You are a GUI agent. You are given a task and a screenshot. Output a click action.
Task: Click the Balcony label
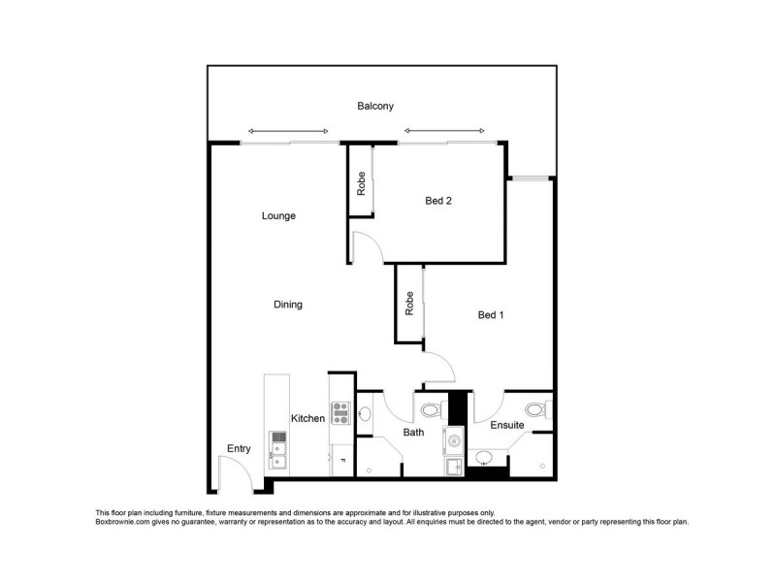373,107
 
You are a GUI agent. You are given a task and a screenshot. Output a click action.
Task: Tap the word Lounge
278,215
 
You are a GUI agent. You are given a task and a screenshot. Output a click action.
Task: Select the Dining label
288,305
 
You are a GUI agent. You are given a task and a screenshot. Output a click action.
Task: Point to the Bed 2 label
439,202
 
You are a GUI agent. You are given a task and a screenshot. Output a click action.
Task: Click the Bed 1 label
492,315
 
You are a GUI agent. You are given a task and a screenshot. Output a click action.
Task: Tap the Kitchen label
307,418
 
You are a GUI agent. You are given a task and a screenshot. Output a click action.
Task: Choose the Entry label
239,448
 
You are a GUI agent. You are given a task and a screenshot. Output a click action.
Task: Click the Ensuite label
507,425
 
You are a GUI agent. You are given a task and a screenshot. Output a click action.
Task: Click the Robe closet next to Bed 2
361,184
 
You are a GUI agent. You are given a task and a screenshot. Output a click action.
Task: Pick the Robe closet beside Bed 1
410,305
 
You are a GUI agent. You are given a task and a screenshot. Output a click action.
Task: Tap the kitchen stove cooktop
340,414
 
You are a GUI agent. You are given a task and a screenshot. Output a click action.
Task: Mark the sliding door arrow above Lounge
288,131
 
